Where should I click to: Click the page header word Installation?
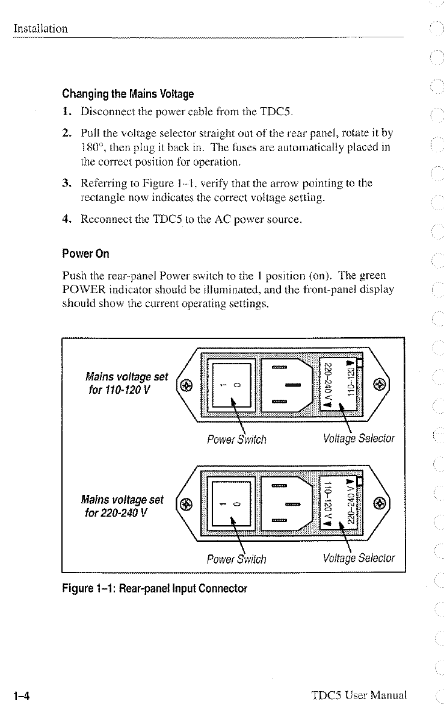click(x=40, y=28)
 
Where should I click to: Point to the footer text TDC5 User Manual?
click(x=360, y=696)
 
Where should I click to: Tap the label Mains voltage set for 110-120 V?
click(x=126, y=383)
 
